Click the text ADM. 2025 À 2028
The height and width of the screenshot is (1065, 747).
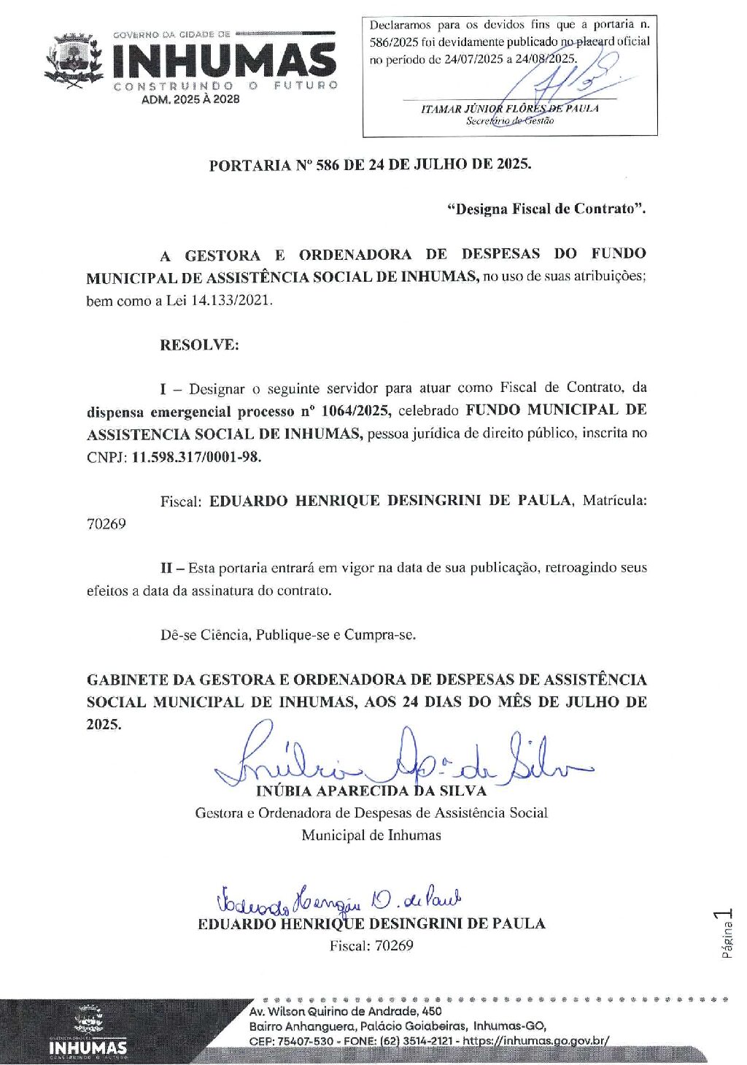click(190, 99)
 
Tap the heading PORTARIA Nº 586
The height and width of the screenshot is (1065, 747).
click(370, 164)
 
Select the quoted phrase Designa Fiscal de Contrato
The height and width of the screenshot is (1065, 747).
click(546, 209)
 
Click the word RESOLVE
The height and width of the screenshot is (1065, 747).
click(199, 345)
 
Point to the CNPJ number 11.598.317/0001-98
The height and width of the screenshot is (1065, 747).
click(196, 457)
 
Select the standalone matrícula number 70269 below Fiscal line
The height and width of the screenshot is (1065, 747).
click(107, 524)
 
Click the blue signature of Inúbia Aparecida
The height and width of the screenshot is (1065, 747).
click(401, 759)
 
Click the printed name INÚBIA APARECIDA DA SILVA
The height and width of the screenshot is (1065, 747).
click(371, 791)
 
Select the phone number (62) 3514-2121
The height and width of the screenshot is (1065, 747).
click(416, 1040)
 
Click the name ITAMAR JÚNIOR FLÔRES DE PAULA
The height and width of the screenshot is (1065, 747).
click(509, 109)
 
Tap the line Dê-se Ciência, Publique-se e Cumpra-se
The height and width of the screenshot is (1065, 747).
click(288, 635)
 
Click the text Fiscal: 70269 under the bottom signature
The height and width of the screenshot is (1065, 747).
click(371, 946)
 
